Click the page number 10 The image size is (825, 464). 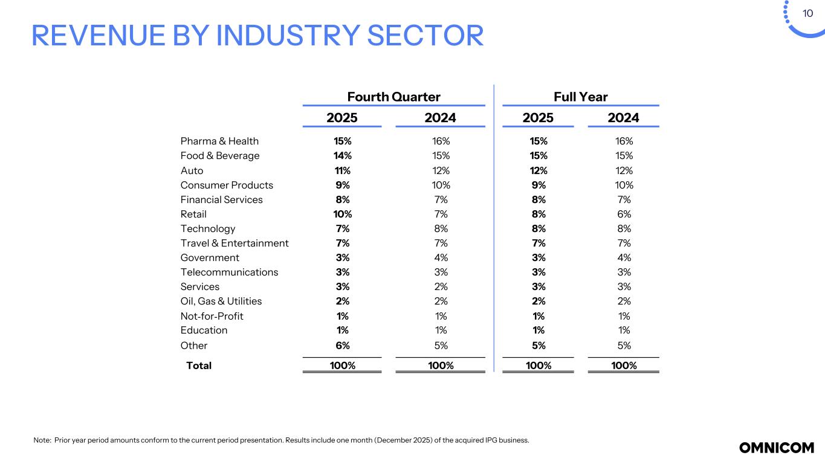pos(807,14)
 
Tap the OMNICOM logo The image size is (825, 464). pos(777,448)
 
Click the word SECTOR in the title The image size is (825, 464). pos(425,36)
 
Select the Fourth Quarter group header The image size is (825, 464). pos(393,97)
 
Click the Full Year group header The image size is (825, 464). pos(580,97)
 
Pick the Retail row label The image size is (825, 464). pos(193,214)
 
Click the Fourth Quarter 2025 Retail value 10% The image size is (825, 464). pos(343,214)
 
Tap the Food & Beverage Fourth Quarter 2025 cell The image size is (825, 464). pos(343,156)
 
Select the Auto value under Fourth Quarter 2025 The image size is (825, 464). pos(343,170)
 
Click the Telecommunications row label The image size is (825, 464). pos(229,272)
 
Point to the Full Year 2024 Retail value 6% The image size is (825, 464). pos(624,214)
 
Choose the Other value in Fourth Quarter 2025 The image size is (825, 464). pos(343,346)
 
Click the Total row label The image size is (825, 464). pos(199,366)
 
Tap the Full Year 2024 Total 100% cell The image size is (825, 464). pos(624,366)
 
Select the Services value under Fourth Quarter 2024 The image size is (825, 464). pos(441,286)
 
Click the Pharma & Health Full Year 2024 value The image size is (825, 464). pos(624,141)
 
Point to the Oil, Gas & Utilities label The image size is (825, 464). pos(221,301)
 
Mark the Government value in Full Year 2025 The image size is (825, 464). pos(539,257)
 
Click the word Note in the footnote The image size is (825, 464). pos(42,440)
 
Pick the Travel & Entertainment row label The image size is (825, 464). pos(235,243)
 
